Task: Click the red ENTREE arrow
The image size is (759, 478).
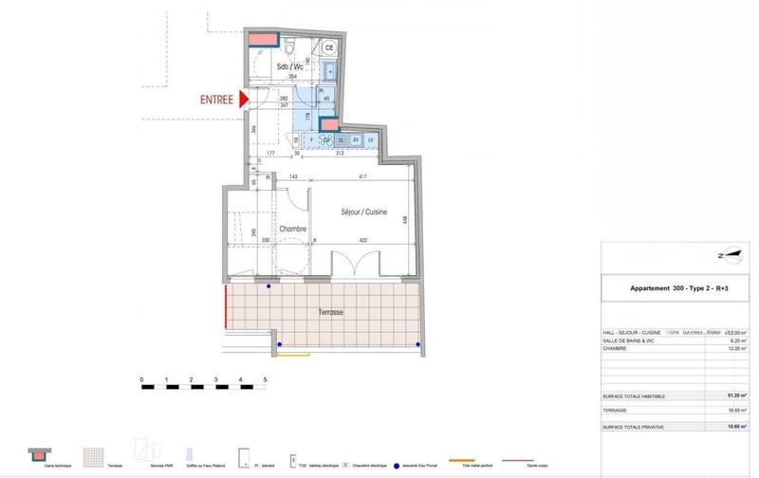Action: [243, 99]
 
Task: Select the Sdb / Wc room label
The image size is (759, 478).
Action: [289, 68]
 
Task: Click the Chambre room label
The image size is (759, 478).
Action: [291, 230]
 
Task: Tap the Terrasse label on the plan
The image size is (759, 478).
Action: [331, 311]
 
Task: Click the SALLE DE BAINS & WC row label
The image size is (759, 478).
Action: [635, 340]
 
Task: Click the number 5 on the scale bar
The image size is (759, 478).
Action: [265, 379]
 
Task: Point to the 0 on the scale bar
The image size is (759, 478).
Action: [141, 379]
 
